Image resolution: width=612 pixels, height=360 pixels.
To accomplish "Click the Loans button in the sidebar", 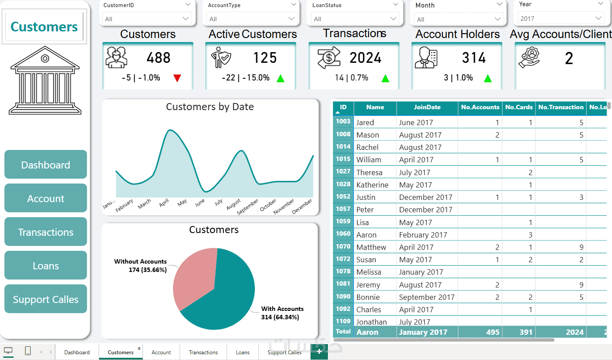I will [46, 266].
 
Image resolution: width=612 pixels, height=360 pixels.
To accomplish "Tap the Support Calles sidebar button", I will [46, 299].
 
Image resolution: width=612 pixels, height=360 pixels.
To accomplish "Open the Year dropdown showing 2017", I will [561, 19].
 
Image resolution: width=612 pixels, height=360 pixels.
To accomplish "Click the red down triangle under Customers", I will [177, 79].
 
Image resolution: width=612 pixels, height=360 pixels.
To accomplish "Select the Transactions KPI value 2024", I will [365, 58].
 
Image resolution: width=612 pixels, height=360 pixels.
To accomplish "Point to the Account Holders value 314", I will [473, 58].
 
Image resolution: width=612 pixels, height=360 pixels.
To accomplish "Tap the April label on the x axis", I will [164, 203].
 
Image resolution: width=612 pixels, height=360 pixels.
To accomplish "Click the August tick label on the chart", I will [234, 204].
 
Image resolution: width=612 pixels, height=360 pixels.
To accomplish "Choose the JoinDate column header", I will [427, 107].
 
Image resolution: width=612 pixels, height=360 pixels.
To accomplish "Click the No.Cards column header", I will [519, 107].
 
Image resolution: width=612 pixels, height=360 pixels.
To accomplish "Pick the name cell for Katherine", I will [372, 185].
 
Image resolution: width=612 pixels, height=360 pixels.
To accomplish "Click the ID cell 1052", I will [343, 197].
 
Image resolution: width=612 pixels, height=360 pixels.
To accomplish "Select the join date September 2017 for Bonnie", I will [427, 297].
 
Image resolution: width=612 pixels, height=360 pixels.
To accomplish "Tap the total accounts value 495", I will [493, 332].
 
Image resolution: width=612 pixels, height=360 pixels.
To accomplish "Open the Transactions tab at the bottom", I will [203, 352].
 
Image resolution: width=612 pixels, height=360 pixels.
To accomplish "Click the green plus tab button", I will [319, 352].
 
